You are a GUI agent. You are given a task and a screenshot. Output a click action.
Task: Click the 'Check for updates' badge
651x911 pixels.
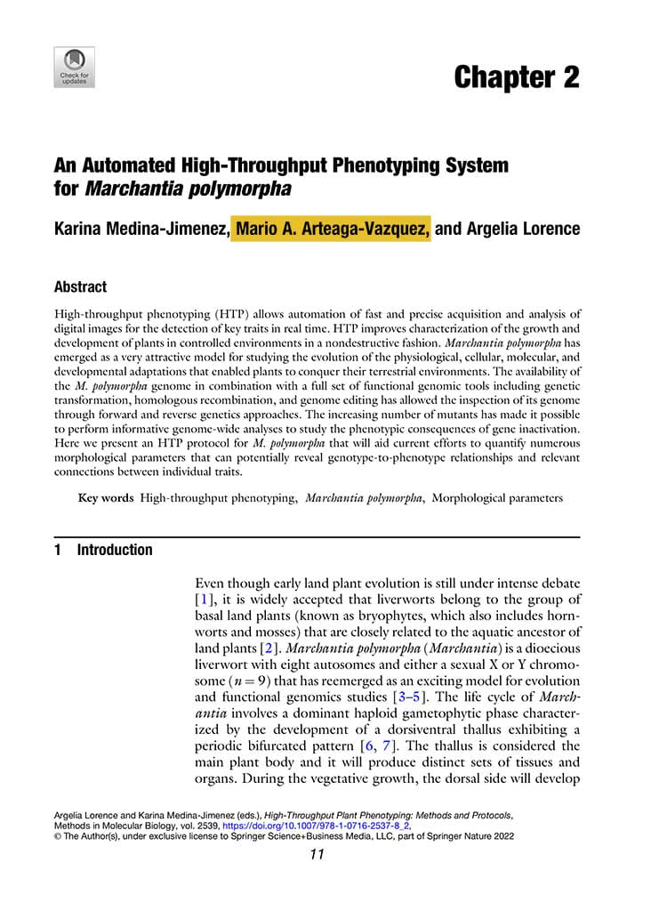(x=74, y=67)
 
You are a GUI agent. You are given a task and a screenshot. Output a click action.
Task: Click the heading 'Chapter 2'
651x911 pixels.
(x=516, y=77)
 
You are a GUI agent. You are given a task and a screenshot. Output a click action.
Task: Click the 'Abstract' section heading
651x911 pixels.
(x=80, y=287)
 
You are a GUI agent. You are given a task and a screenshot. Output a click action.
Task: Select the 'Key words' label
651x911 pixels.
(x=106, y=498)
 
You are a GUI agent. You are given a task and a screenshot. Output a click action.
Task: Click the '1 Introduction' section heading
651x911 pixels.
(x=103, y=550)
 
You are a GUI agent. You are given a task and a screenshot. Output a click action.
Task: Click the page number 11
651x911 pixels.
(x=317, y=855)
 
